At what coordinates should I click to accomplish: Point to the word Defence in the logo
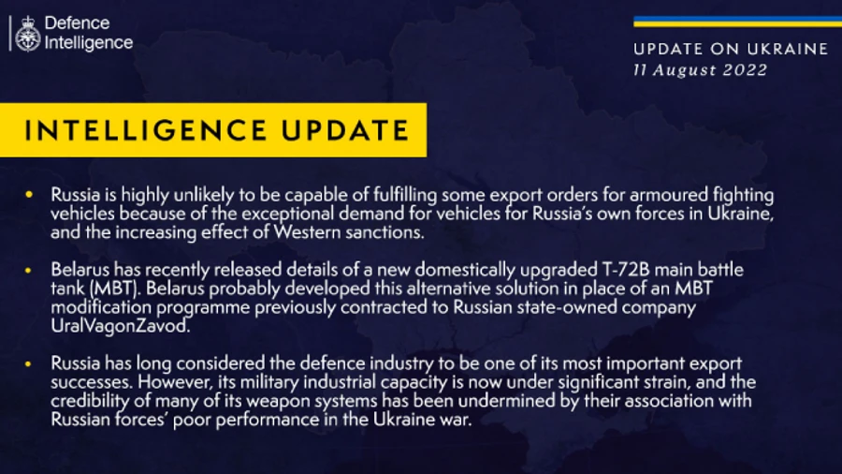click(77, 22)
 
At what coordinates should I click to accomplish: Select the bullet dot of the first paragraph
click(31, 195)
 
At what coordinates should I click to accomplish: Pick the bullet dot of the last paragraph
click(31, 363)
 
